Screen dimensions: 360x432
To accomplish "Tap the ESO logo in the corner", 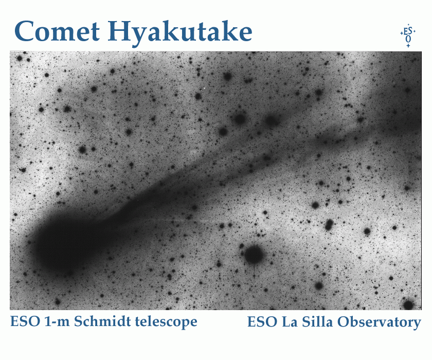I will [408, 36].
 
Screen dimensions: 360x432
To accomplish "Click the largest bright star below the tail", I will [254, 254].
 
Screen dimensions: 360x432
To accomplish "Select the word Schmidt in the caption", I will [98, 322].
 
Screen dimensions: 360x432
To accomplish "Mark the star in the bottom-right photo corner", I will [408, 304].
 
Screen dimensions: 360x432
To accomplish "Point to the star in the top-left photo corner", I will [19, 58].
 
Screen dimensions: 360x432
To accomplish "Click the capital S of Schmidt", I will [79, 322].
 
